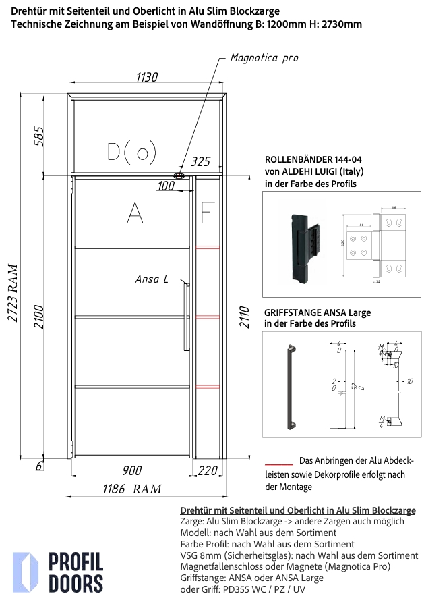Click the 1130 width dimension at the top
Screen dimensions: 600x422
click(147, 78)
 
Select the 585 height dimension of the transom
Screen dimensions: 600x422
click(38, 136)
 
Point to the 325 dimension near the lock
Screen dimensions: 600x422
click(201, 162)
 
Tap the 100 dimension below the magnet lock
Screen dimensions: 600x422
click(165, 185)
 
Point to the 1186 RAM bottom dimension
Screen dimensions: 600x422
click(131, 489)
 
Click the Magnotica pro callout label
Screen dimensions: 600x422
click(264, 58)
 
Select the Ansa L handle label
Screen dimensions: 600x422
click(152, 279)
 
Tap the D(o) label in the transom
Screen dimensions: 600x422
click(131, 152)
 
